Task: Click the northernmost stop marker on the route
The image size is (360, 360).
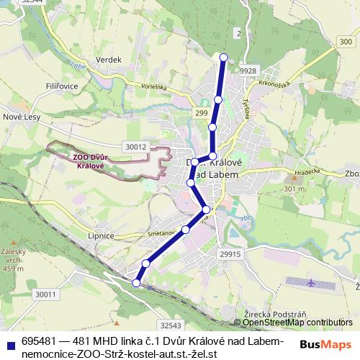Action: (x=224, y=58)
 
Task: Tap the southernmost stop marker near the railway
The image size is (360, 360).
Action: (x=136, y=283)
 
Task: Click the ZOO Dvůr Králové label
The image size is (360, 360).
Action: (x=89, y=161)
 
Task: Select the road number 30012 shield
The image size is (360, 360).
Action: (x=135, y=146)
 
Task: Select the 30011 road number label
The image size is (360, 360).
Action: (x=45, y=294)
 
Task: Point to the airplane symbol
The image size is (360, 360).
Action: (x=310, y=282)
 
